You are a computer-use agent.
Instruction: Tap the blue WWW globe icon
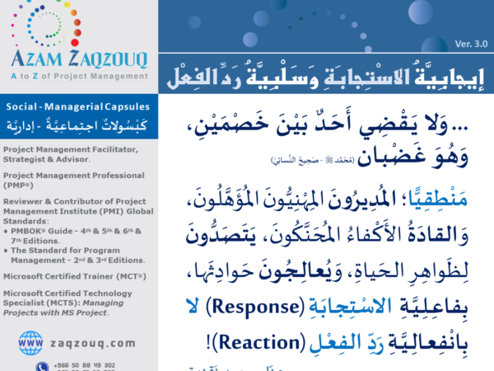point(30,340)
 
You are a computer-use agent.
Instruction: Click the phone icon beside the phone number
point(42,366)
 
